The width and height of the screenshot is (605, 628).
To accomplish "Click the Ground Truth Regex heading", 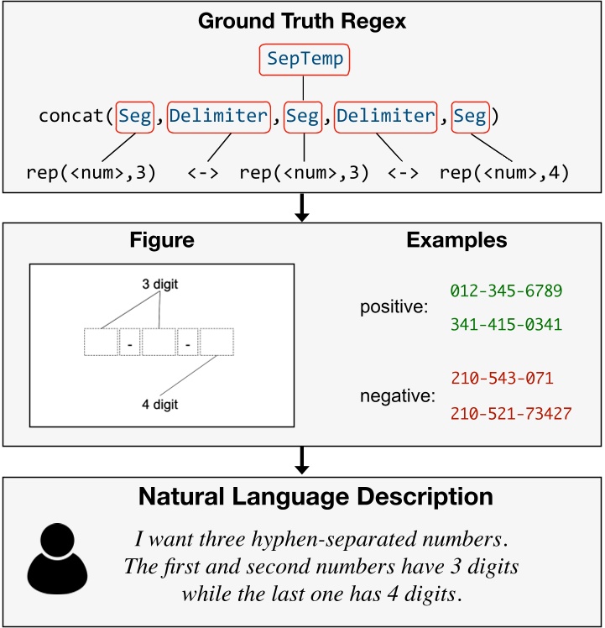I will point(302,20).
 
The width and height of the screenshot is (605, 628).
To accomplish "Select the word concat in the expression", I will point(73,116).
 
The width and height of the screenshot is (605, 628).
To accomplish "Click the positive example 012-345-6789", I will point(506,290).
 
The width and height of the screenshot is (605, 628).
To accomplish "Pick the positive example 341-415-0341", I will point(506,323).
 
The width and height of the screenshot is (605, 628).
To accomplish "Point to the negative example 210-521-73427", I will point(511,414).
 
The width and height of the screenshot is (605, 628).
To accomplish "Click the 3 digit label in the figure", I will point(159,284).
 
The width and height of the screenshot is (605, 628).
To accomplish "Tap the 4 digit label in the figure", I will point(159,405).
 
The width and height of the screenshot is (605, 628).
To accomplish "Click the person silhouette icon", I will point(57,557).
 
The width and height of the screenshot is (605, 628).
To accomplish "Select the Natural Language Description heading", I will point(302,497).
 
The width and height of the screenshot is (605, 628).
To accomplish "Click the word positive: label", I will point(390,307).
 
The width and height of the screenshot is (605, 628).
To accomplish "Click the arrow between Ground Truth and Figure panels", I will point(302,208).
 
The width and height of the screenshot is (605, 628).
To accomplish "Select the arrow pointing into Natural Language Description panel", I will point(302,460).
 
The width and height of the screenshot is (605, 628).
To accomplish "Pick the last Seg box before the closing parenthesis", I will point(471,116).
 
